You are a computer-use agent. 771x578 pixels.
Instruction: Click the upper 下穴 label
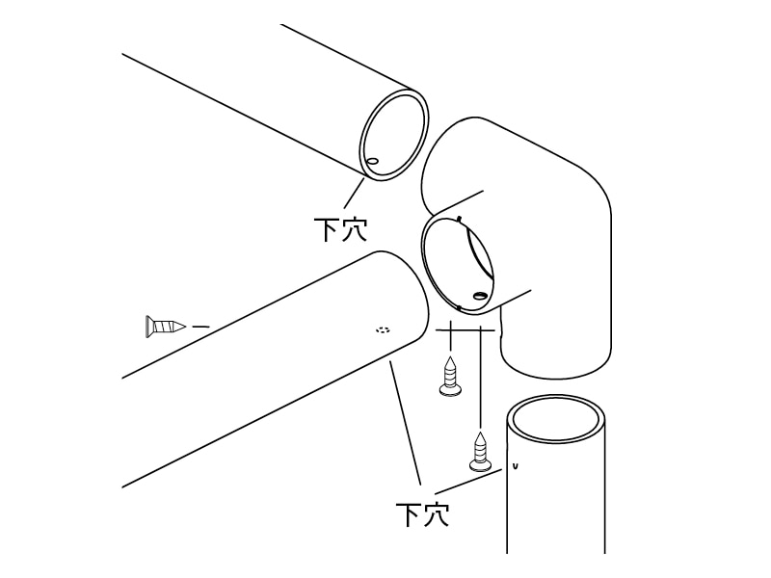[341, 229]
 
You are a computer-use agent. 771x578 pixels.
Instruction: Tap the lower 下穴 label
[422, 514]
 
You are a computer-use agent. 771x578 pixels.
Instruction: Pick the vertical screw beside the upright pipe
[479, 452]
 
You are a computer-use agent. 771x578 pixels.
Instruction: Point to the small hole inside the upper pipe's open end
[373, 161]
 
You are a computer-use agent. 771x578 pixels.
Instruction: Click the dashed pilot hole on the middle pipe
[382, 329]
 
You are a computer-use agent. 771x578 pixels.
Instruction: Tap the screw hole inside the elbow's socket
[478, 296]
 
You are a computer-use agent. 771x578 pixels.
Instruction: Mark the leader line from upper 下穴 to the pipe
[354, 194]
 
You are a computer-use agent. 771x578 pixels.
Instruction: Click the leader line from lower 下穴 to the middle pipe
[406, 423]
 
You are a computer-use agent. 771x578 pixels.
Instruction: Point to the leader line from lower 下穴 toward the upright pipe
[468, 481]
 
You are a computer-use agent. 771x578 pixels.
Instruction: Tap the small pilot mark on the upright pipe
[515, 465]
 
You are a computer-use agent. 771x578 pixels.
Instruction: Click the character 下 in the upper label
[327, 229]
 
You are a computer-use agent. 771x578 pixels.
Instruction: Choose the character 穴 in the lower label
[437, 514]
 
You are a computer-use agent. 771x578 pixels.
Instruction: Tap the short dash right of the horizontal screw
[200, 327]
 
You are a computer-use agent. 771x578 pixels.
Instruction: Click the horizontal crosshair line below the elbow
[465, 330]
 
